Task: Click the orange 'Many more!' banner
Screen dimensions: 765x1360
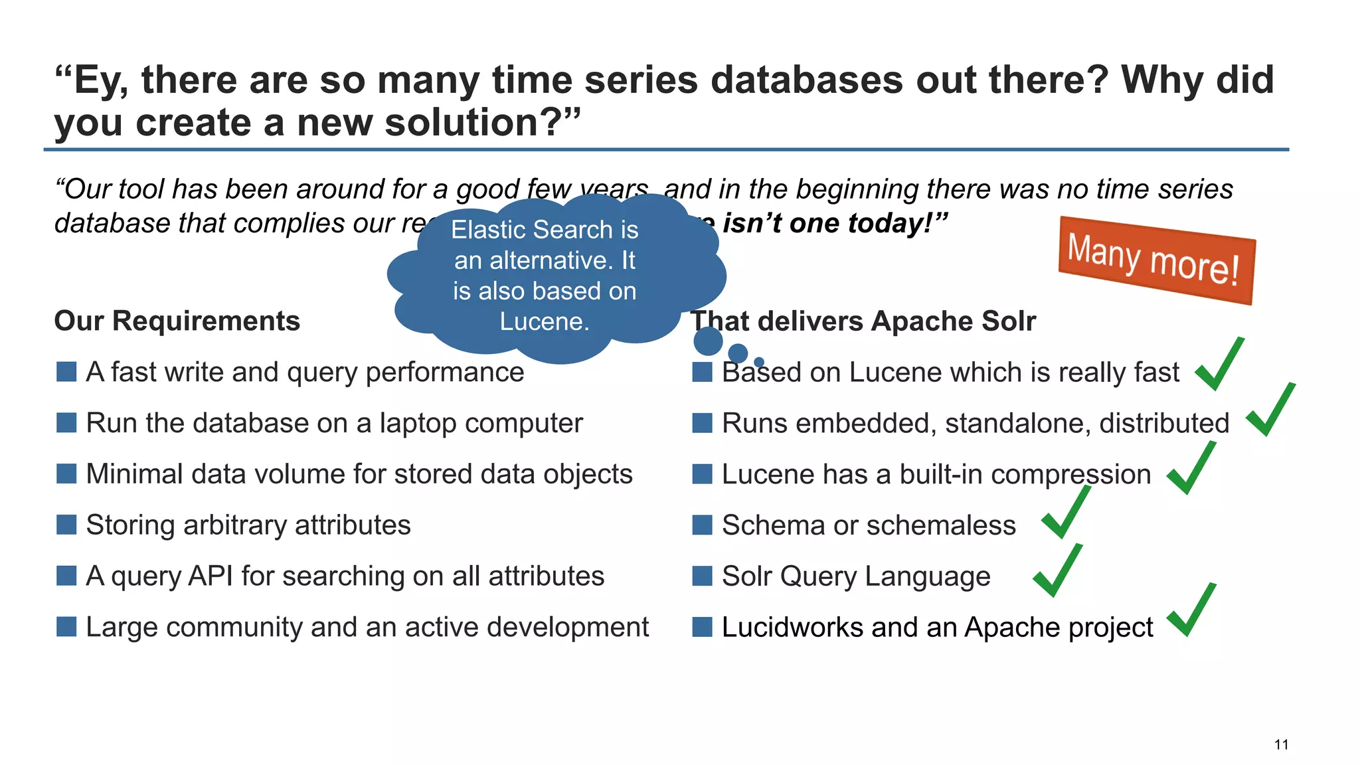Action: coord(1155,260)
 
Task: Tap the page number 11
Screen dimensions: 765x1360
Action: coord(1281,744)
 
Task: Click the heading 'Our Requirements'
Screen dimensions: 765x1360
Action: coord(177,321)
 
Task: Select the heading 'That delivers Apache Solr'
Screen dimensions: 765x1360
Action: coord(863,321)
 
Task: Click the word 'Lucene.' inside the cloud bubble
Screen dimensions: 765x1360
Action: coord(545,321)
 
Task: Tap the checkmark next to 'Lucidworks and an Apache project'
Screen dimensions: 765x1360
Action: coord(1191,611)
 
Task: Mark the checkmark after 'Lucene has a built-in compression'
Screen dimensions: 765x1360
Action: coord(1191,469)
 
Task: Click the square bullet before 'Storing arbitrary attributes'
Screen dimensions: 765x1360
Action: coord(66,525)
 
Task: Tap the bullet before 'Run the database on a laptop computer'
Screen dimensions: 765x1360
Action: coord(66,423)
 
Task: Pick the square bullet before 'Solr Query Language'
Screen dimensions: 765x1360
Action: coord(702,576)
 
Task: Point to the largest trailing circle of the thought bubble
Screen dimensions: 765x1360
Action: coord(708,341)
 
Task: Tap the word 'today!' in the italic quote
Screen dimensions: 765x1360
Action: coord(899,223)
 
